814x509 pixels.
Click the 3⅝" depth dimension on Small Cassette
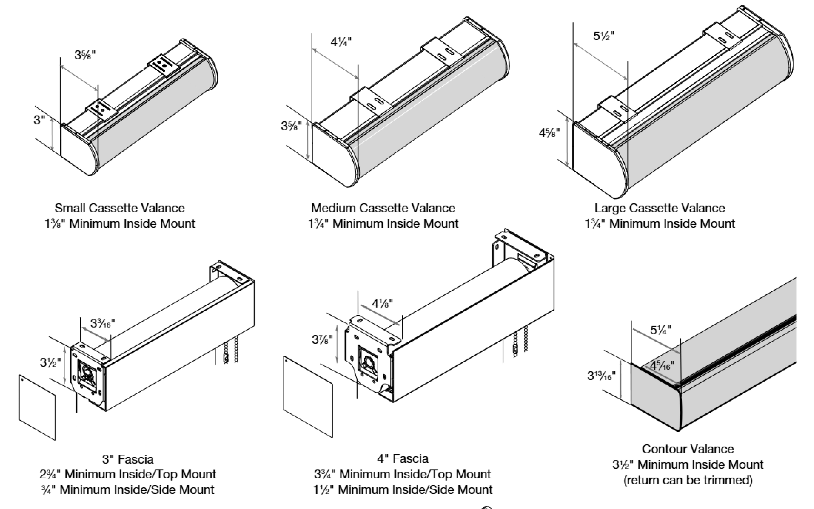click(x=85, y=55)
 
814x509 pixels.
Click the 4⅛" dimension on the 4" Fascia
click(x=382, y=303)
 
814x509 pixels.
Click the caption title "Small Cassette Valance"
click(x=120, y=208)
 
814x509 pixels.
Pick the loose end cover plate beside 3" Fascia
click(x=37, y=407)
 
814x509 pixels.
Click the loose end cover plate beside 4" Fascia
click(x=307, y=397)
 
